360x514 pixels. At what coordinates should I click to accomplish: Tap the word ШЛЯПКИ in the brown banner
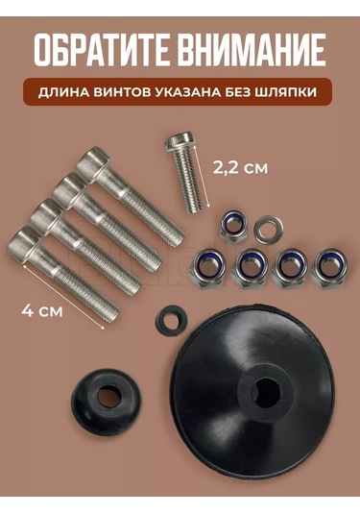(x=299, y=94)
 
